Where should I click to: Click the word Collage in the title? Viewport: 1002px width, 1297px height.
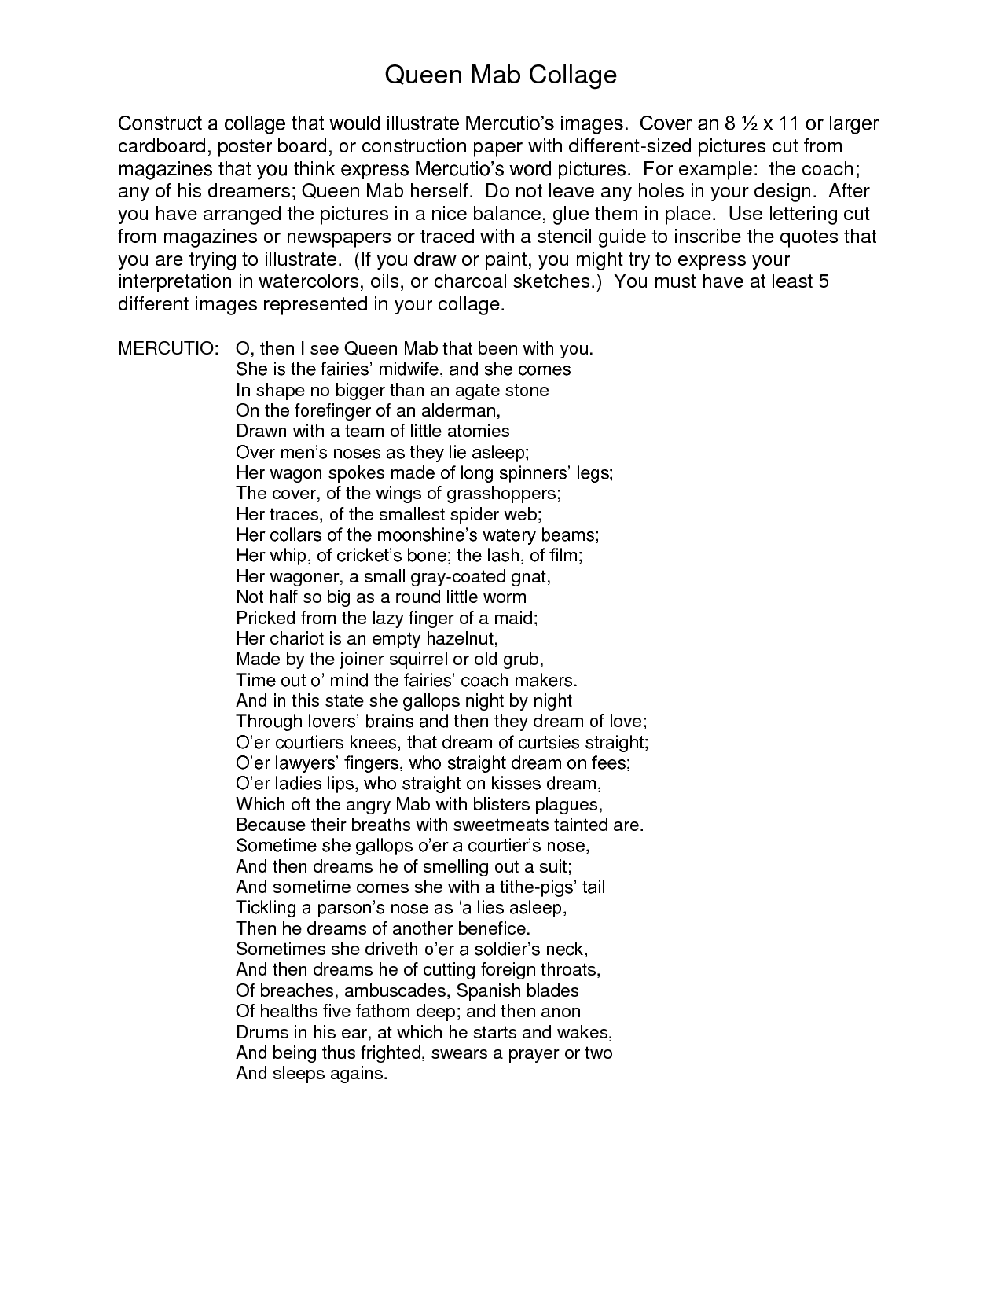coord(572,75)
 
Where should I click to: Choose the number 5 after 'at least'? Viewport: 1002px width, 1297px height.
coord(824,282)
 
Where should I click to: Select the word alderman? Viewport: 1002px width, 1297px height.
coord(460,410)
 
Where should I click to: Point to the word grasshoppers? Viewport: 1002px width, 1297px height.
coord(503,494)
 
